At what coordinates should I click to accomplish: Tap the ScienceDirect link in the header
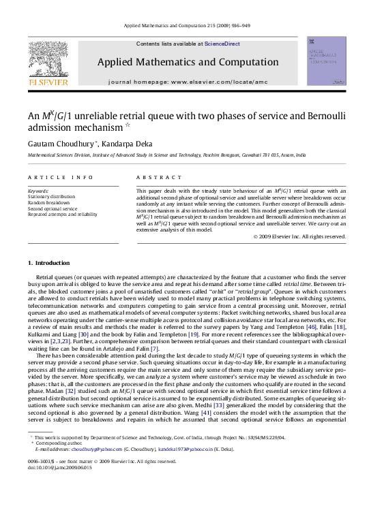coord(222,44)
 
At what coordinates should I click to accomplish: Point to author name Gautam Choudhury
coord(63,144)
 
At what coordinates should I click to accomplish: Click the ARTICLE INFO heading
coord(60,177)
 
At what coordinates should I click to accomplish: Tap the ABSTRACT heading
coord(150,177)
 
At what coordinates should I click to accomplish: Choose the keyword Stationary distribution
coord(52,197)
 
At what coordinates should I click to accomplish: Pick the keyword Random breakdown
coord(48,203)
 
